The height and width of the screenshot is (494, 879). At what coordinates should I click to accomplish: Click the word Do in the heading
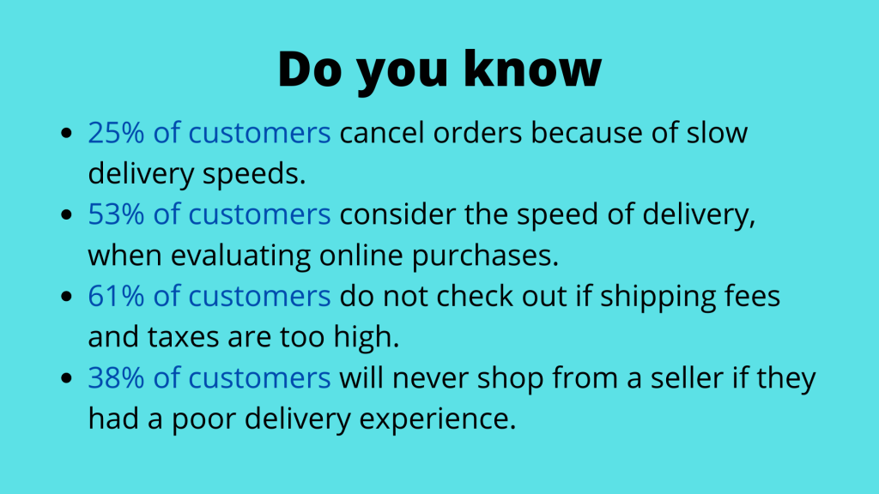click(309, 69)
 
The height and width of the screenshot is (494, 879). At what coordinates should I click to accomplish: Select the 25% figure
click(116, 133)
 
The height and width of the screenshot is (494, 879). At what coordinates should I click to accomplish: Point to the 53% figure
click(116, 214)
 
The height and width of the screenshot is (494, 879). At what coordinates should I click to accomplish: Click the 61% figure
click(116, 296)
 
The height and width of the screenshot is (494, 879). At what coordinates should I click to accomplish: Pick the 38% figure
click(116, 378)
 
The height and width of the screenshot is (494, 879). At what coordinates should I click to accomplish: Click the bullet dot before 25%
click(67, 133)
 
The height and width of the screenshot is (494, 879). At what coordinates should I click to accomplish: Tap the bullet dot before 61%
click(67, 296)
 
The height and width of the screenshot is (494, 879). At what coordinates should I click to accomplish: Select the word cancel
click(382, 133)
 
